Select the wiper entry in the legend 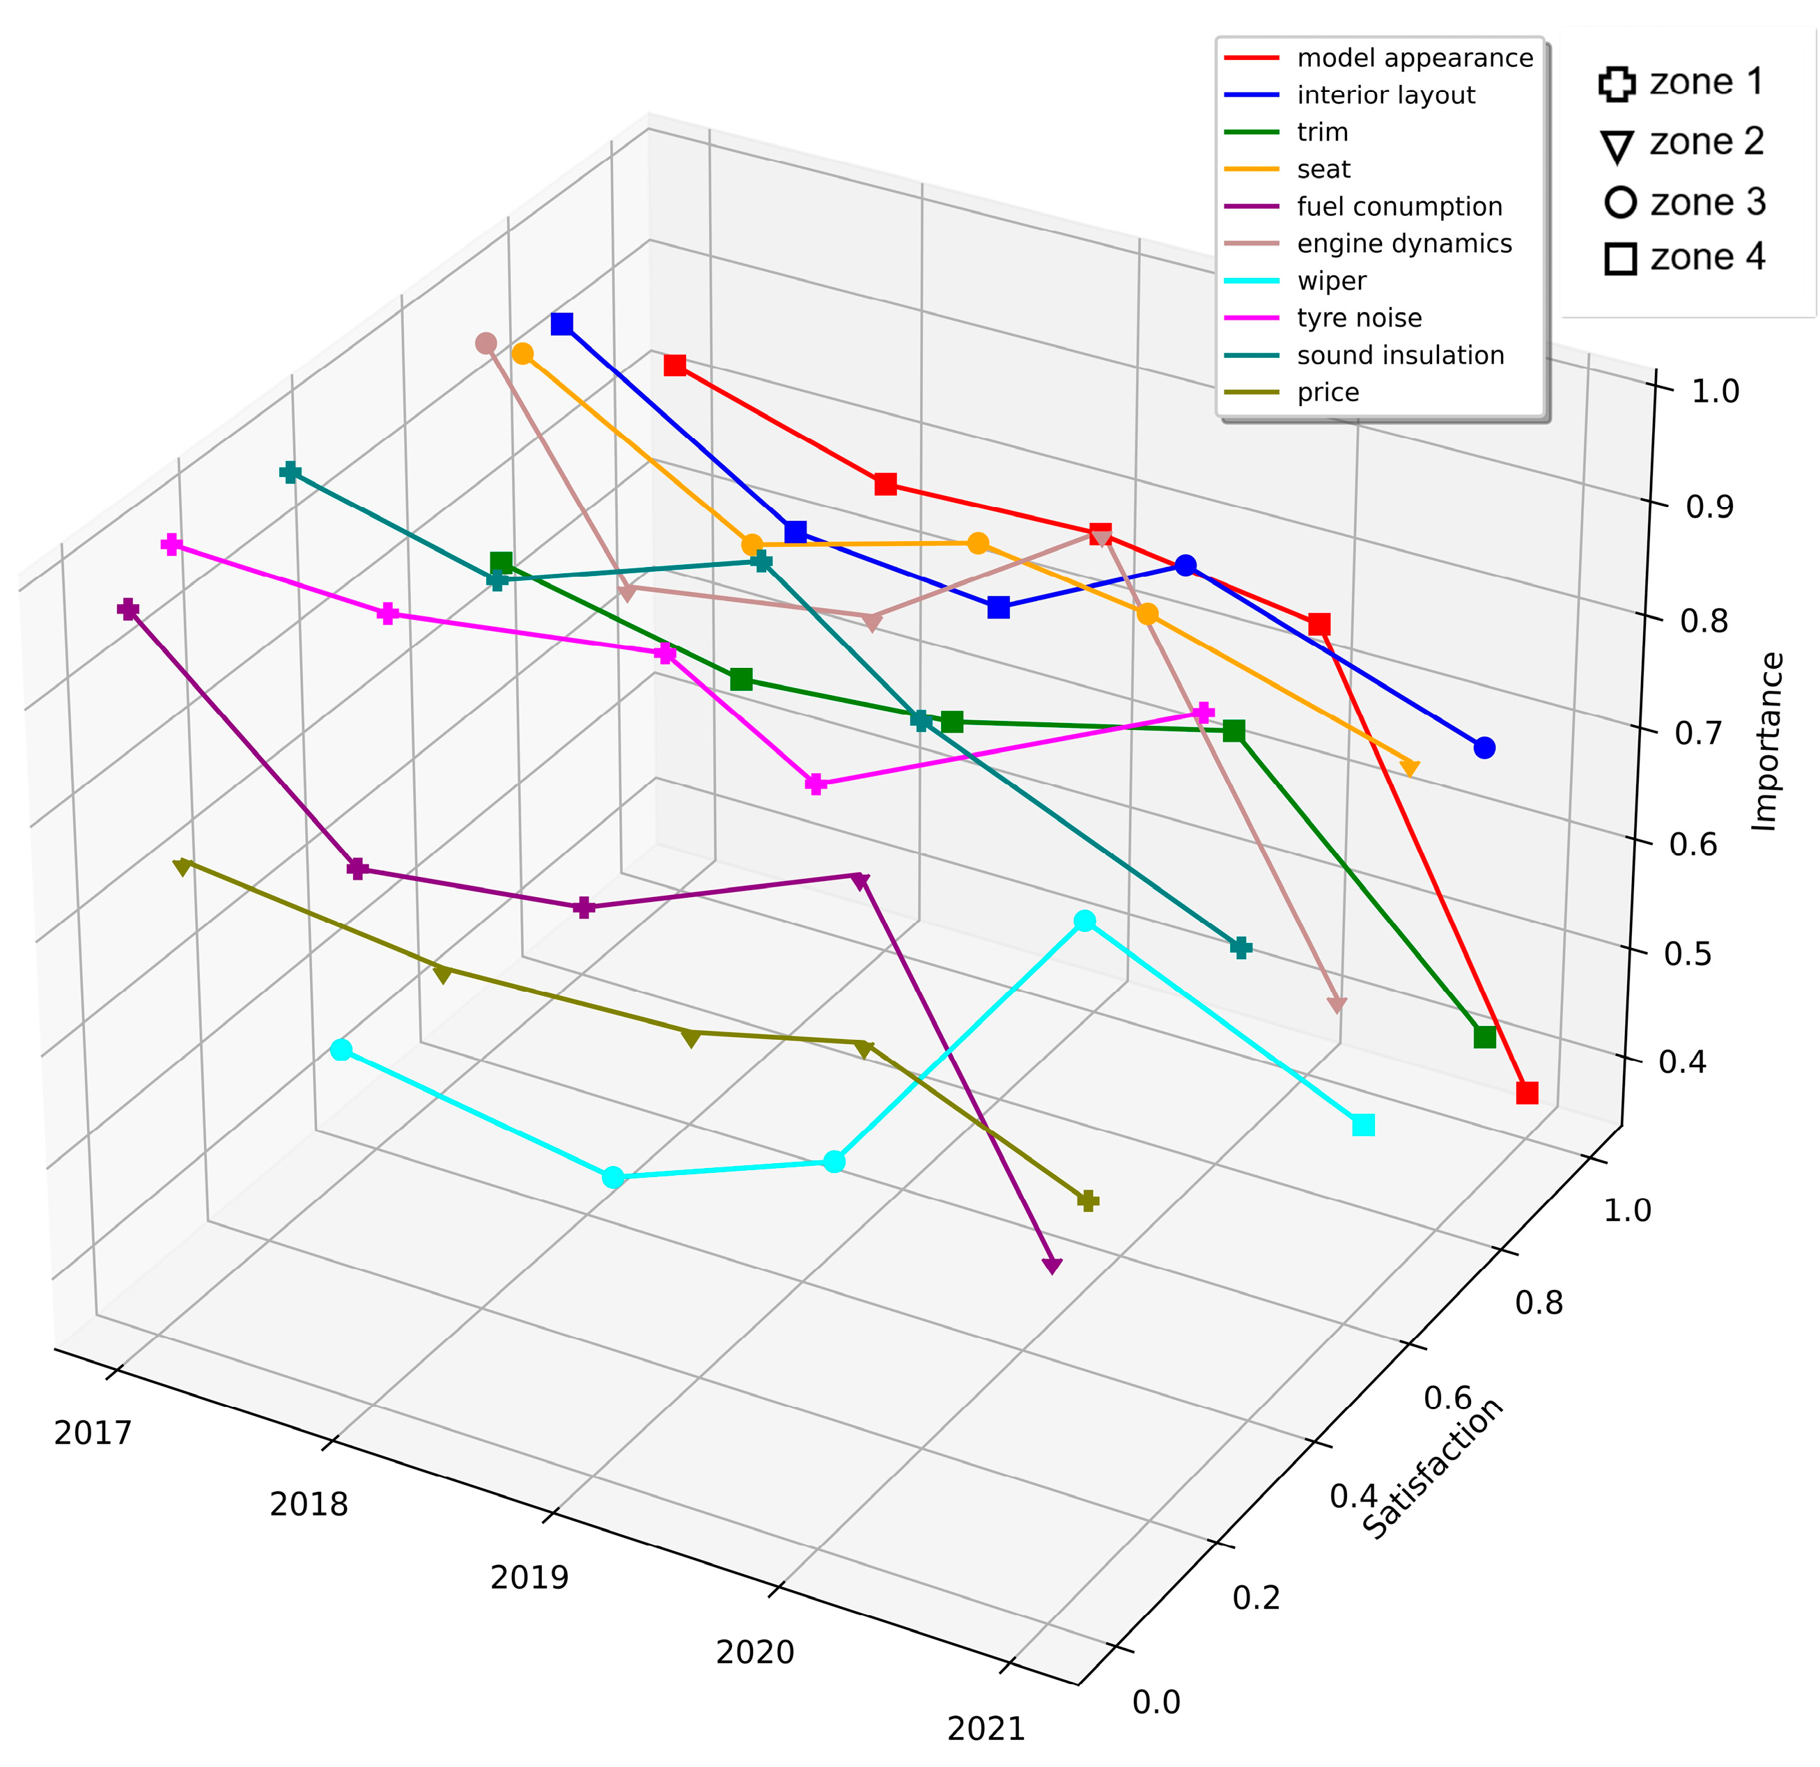point(1332,281)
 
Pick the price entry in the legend point(1328,393)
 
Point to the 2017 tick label point(93,1433)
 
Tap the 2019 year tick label point(529,1578)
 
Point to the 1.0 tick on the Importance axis point(1714,391)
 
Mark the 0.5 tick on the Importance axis point(1687,953)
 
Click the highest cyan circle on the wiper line point(1084,921)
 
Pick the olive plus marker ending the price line point(1088,1201)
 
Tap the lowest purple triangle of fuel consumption point(1052,1266)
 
